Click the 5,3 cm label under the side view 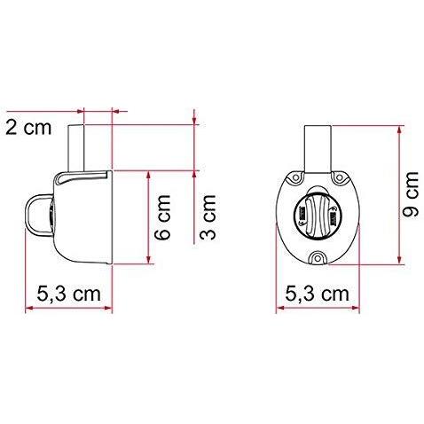67,292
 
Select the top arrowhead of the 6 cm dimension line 143,169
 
